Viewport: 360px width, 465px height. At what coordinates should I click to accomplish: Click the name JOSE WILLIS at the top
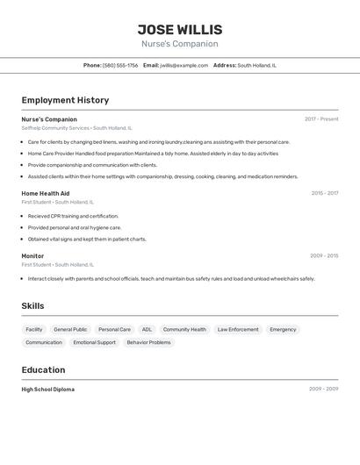pos(180,29)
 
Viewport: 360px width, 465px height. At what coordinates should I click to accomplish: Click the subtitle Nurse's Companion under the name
pos(180,44)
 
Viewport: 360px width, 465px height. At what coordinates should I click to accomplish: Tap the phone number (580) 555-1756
pos(120,65)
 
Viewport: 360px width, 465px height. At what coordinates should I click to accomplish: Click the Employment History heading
pos(65,100)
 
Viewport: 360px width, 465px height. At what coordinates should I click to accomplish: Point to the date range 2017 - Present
pos(321,119)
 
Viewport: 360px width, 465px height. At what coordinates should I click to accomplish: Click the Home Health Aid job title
pos(46,193)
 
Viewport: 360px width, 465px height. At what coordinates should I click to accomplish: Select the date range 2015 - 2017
pos(324,193)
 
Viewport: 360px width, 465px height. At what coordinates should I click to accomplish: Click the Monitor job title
pos(32,256)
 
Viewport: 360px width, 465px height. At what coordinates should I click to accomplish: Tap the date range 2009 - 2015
pos(324,256)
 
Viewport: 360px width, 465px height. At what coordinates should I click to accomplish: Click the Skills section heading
pos(32,306)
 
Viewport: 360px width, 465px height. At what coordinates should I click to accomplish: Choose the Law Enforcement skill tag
pos(238,330)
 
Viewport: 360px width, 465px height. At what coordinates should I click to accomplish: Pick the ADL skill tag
pos(147,330)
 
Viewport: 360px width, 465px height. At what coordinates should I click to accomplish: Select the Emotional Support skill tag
pos(94,342)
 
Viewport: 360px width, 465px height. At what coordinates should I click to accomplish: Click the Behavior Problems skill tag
pos(148,342)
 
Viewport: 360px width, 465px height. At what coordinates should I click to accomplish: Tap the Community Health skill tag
pos(184,330)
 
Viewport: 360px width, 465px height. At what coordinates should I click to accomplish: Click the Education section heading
pos(43,369)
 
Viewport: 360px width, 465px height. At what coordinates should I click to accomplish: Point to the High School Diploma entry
pos(48,389)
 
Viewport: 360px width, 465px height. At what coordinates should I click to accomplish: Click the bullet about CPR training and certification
pos(73,216)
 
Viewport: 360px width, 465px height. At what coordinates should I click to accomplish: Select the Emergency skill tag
pos(283,330)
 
